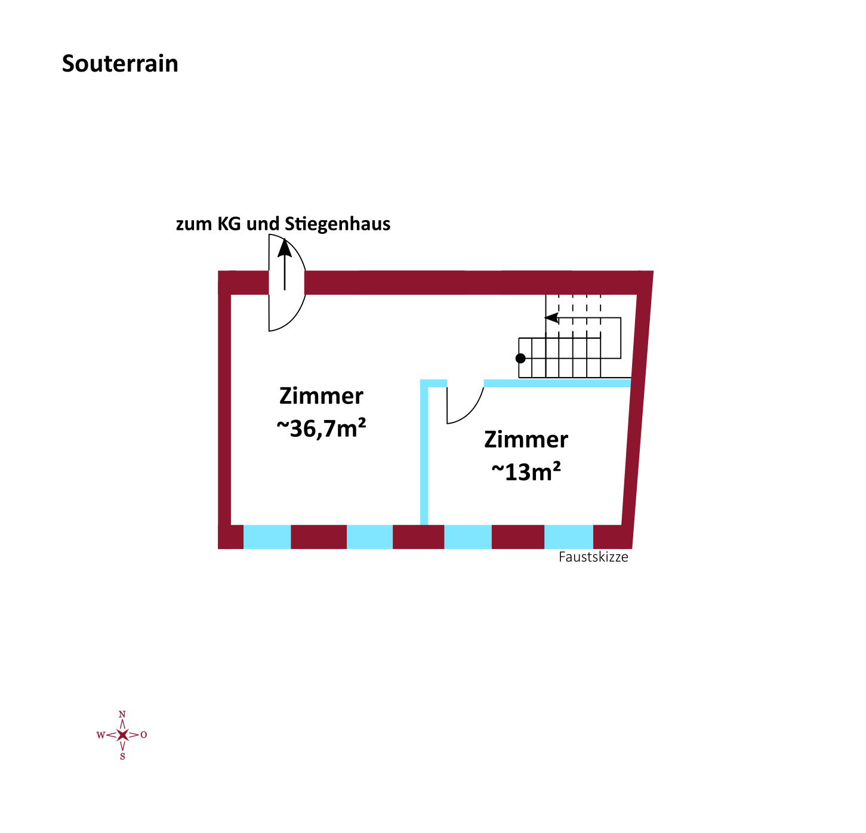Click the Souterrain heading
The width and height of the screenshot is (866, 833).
(120, 64)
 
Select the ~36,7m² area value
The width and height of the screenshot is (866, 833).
(321, 428)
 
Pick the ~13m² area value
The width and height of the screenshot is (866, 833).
(526, 471)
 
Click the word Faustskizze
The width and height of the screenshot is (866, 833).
(593, 557)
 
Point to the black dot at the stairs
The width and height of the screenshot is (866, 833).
(520, 358)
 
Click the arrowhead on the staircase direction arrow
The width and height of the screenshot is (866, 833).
(551, 317)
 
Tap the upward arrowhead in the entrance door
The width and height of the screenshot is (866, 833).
(284, 248)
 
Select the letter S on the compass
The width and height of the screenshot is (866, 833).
(122, 756)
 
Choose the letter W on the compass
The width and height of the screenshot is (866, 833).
(101, 735)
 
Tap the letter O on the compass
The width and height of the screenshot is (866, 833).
(143, 735)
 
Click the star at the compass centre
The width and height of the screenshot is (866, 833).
(122, 735)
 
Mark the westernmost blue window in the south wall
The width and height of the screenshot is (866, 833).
(267, 536)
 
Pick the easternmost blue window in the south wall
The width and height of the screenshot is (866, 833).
(568, 536)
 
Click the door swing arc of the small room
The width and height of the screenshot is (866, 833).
(471, 412)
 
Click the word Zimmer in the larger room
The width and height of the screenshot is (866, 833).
(321, 396)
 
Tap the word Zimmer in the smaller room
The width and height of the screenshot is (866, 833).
(526, 439)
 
